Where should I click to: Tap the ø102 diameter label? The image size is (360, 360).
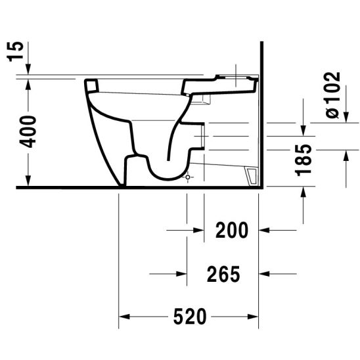333,96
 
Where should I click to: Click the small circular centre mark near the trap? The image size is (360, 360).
188,177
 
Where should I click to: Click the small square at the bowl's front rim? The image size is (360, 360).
92,85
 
